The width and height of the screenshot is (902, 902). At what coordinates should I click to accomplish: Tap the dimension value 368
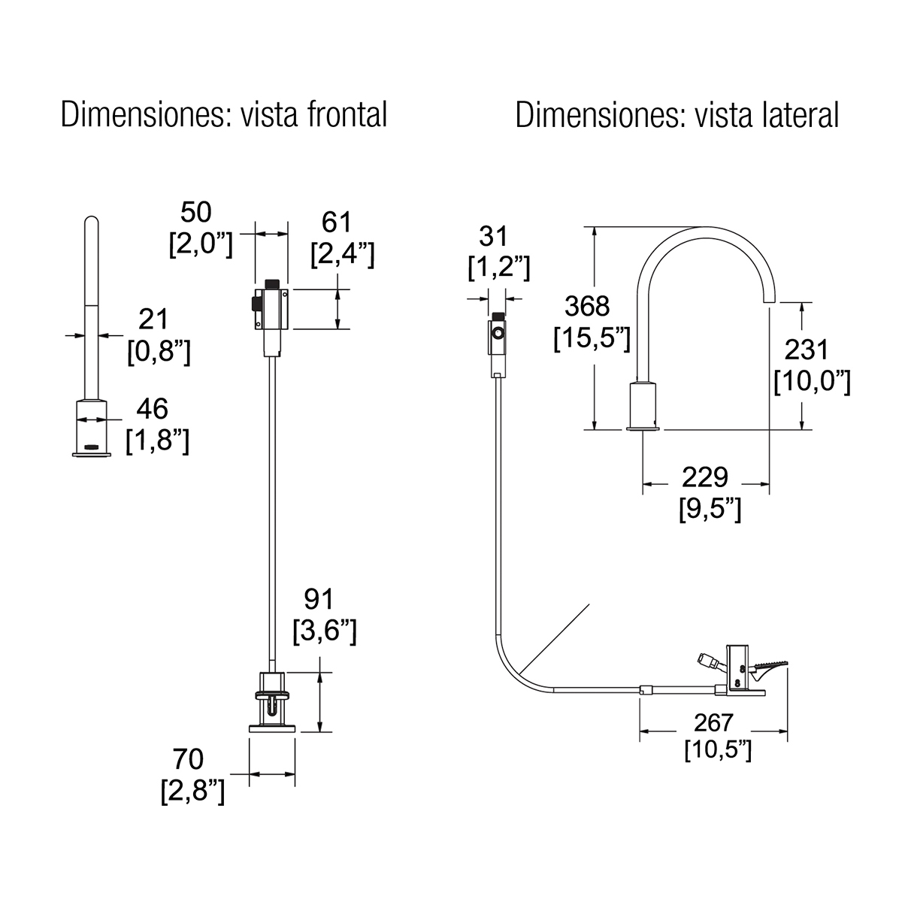click(x=587, y=307)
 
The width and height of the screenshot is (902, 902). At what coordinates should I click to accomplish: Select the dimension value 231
click(x=807, y=350)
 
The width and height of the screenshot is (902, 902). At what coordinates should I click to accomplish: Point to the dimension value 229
click(x=705, y=477)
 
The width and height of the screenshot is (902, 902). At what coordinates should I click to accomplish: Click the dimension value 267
click(x=713, y=722)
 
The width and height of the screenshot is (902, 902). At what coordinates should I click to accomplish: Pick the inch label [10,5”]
click(x=718, y=749)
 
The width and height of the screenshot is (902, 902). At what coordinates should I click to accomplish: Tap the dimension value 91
click(x=319, y=599)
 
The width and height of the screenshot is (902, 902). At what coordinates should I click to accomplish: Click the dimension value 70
click(x=188, y=760)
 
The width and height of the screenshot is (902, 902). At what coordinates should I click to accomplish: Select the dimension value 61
click(x=337, y=222)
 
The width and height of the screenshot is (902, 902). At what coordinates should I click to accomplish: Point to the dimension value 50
click(x=196, y=212)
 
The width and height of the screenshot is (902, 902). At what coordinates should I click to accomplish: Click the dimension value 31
click(x=495, y=237)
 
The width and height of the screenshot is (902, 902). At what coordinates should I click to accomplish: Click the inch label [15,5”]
click(x=592, y=339)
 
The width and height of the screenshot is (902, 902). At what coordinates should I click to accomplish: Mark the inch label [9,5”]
click(x=710, y=509)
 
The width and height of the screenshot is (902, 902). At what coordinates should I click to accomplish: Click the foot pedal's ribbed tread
click(x=767, y=664)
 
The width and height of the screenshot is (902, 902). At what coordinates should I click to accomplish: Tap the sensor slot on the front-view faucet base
click(x=92, y=446)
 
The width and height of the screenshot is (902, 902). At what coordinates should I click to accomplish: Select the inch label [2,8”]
click(x=192, y=792)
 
